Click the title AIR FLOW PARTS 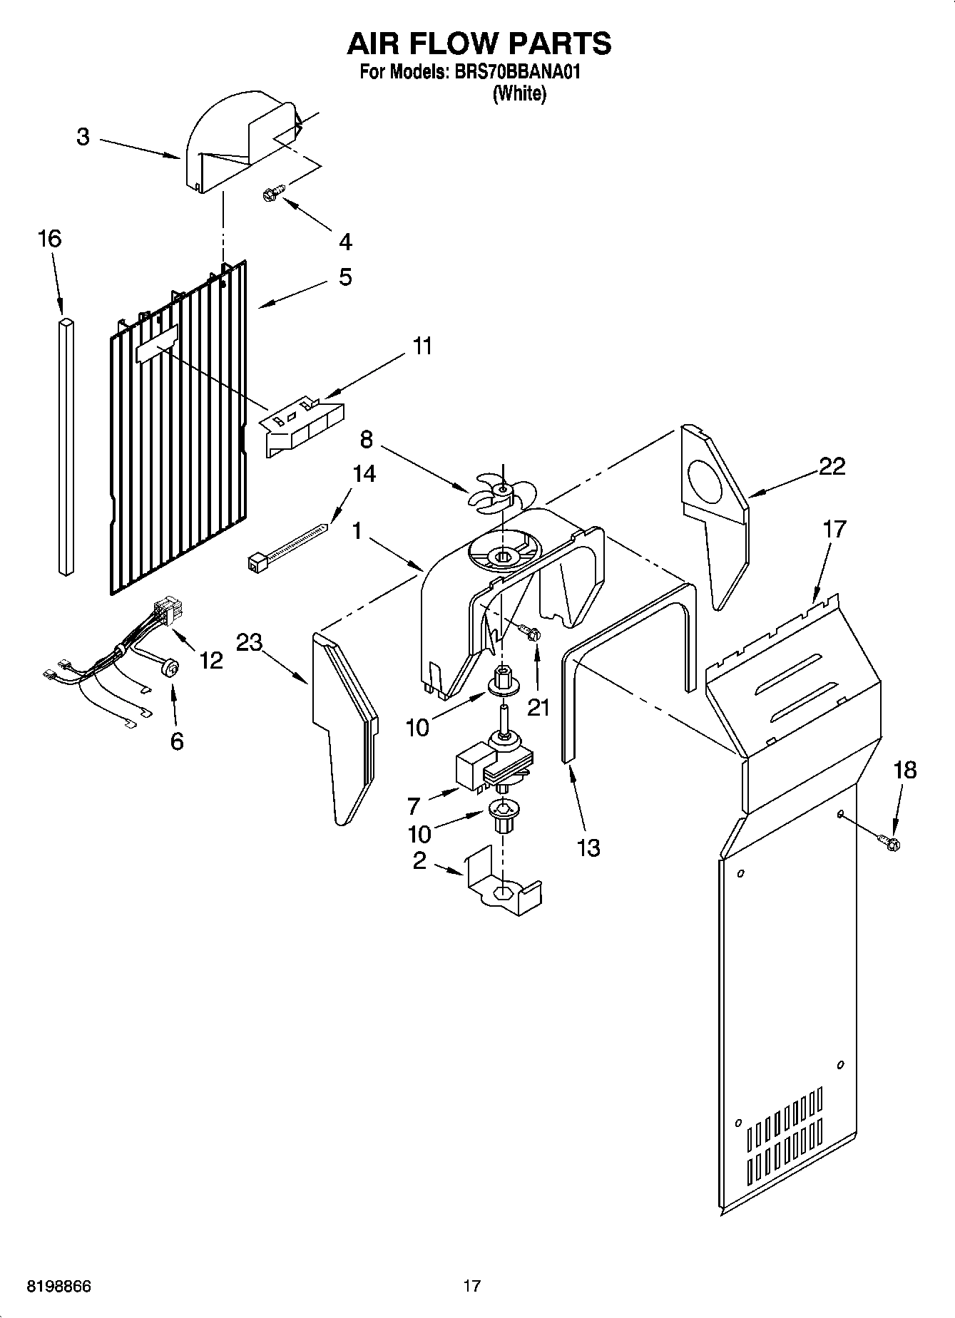[x=479, y=43]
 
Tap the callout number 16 [x=49, y=238]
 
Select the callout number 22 [x=832, y=466]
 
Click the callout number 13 [x=588, y=848]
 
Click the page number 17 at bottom [x=472, y=1287]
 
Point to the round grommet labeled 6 [x=170, y=668]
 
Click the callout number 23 [x=249, y=642]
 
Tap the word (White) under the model [x=519, y=93]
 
